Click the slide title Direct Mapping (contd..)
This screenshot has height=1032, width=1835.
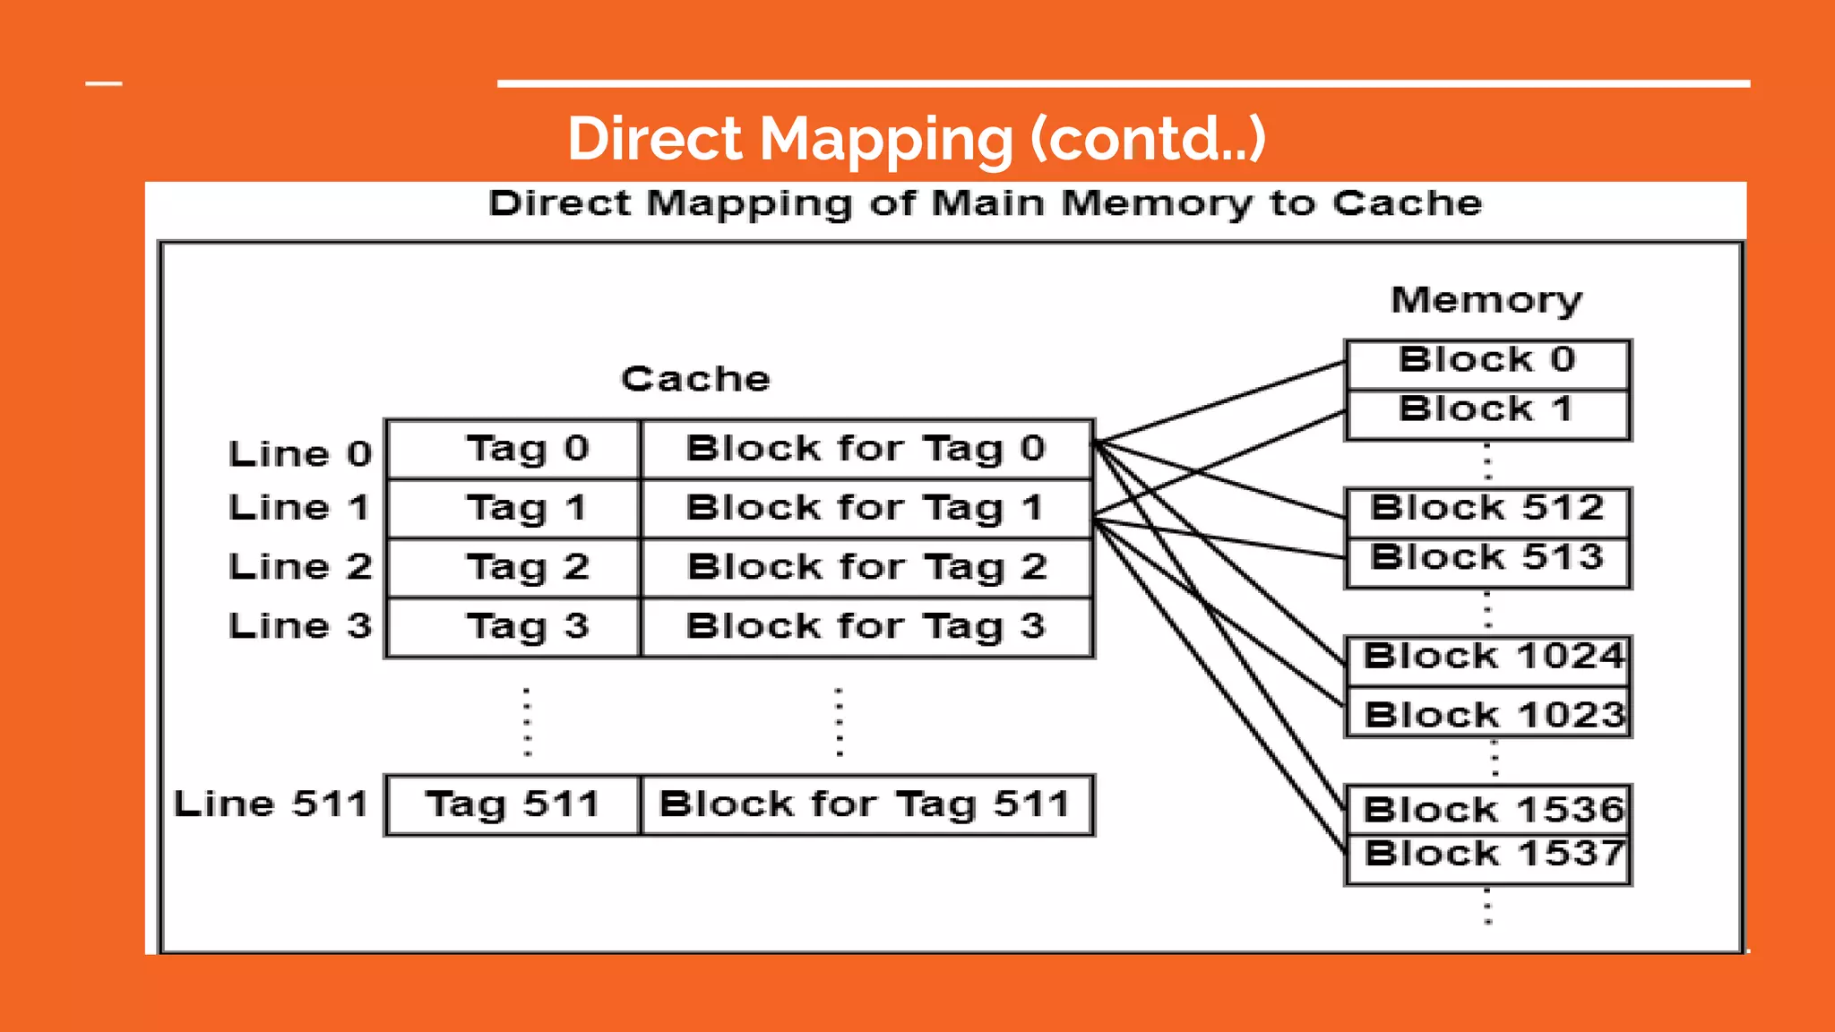click(x=916, y=139)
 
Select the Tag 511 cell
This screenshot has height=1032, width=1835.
click(x=513, y=804)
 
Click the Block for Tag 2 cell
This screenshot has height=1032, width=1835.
click(x=866, y=567)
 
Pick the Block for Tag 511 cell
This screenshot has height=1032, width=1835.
click(x=866, y=804)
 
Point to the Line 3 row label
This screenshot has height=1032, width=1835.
click(x=300, y=626)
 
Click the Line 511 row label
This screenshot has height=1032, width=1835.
click(x=271, y=804)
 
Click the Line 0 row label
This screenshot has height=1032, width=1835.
click(x=300, y=454)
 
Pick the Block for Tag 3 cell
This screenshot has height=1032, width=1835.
click(x=866, y=626)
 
